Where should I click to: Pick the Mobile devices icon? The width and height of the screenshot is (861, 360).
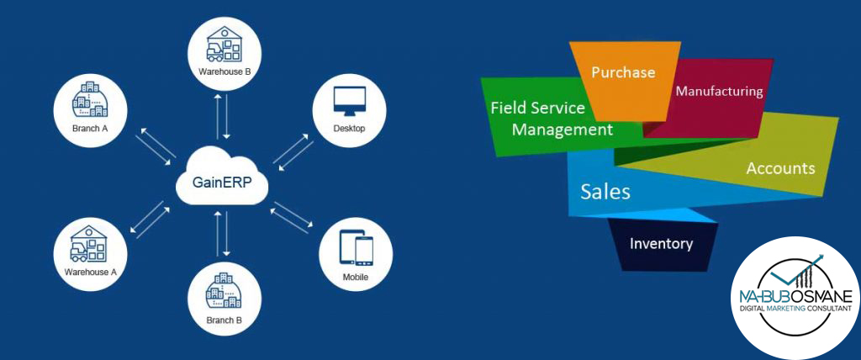356,249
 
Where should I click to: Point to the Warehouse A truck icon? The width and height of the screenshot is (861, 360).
90,244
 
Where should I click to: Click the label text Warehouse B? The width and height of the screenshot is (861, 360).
225,71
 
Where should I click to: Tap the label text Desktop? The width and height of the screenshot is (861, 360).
350,128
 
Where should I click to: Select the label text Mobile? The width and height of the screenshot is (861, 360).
356,277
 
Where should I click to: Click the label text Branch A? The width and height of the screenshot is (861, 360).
90,129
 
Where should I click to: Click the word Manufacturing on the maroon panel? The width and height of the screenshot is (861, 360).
719,91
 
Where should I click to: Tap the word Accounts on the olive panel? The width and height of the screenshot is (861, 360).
780,168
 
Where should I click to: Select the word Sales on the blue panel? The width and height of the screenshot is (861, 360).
605,192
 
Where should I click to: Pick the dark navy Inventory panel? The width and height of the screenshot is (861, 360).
662,244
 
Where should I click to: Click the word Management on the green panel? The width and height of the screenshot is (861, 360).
563,130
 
